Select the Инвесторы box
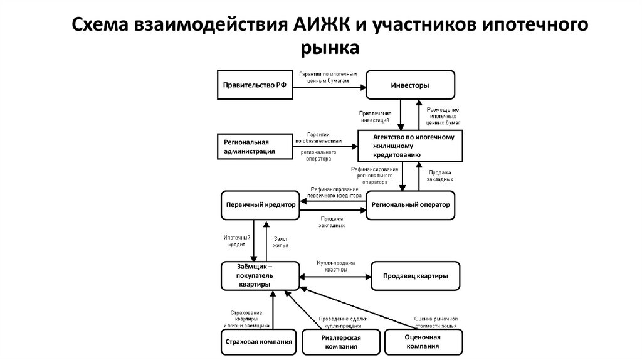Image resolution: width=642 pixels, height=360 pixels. click(410, 85)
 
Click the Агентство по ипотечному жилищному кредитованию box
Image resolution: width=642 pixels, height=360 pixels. click(410, 146)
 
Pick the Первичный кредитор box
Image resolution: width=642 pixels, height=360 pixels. click(259, 204)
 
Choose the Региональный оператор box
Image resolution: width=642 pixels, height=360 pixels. click(410, 204)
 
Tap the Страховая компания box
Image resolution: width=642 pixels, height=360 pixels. click(259, 342)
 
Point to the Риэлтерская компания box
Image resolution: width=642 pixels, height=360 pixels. click(341, 342)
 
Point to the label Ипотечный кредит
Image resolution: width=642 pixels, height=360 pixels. click(237, 241)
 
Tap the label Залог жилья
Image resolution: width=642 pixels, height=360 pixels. click(280, 241)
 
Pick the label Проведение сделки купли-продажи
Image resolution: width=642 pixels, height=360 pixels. click(343, 322)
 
